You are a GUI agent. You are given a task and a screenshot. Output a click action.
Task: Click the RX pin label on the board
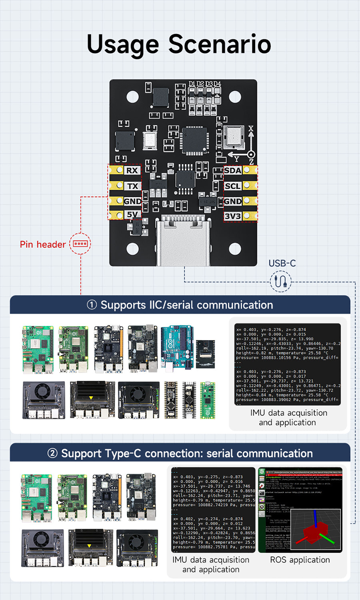coord(132,170)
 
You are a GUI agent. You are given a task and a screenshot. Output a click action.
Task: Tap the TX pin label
coord(133,186)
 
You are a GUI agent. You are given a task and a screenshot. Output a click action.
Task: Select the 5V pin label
coord(132,214)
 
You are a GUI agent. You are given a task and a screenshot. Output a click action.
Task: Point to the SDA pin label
coord(233,170)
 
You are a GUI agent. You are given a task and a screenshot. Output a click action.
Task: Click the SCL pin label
coord(233,186)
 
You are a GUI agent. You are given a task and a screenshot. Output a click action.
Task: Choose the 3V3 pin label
coord(233,216)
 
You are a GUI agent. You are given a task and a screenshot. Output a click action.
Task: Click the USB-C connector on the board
coord(183,240)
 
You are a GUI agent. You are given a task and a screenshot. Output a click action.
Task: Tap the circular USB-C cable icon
coord(280,281)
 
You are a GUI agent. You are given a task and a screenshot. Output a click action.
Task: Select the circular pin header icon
coord(80,244)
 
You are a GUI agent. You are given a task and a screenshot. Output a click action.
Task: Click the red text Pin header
coord(43,244)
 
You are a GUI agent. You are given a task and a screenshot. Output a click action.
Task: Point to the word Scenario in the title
coord(220,44)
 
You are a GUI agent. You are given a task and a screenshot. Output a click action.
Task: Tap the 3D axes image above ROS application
coord(316,529)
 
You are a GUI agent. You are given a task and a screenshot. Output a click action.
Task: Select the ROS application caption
coord(300,560)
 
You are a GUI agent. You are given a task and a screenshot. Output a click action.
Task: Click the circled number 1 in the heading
coord(92,305)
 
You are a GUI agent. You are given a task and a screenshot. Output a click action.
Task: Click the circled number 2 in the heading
coord(52,453)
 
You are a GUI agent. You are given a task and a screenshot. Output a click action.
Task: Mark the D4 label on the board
coord(217,84)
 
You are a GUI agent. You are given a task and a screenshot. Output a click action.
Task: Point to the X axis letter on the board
coord(251,128)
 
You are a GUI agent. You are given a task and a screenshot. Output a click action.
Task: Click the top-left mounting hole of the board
coord(133,97)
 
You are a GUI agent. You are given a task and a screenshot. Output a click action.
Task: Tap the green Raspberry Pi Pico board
coord(208,400)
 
